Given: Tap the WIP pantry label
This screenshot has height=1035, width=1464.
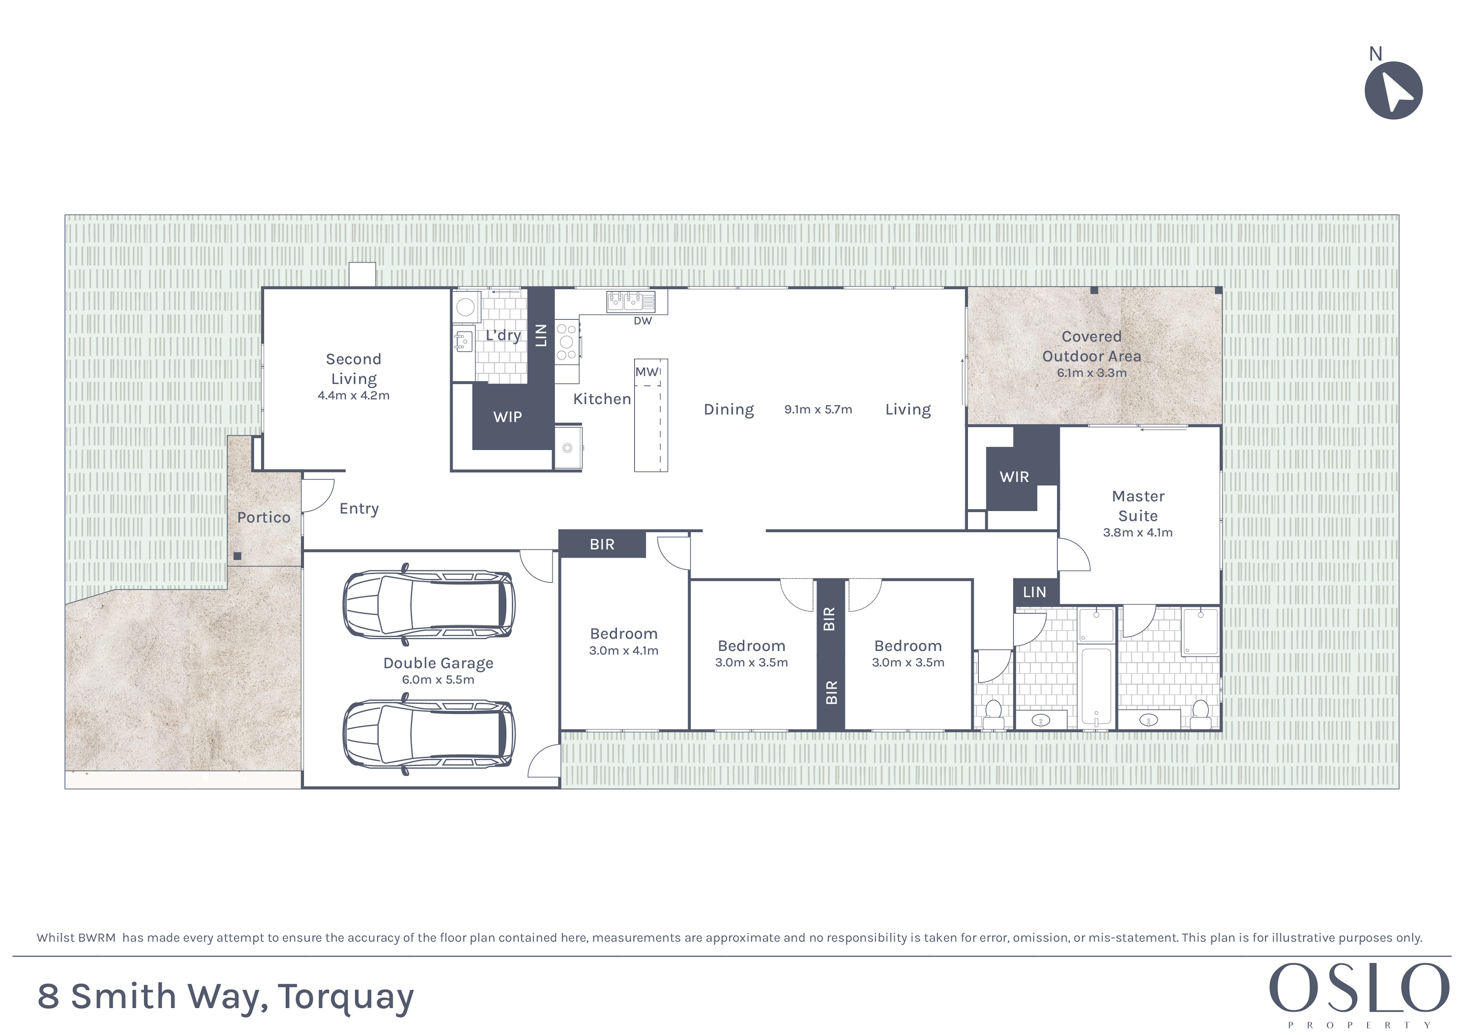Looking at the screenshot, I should click(x=507, y=417).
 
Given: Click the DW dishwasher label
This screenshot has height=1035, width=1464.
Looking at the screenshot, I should click(x=643, y=321).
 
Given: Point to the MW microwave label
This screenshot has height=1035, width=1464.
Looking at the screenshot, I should click(x=646, y=372).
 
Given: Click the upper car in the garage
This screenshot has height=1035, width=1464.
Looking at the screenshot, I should click(x=429, y=603).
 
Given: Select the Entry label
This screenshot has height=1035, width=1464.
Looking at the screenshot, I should click(x=359, y=509).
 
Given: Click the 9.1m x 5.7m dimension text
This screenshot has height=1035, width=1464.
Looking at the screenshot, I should click(x=818, y=409).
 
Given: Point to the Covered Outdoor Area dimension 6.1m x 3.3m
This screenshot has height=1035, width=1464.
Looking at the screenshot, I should click(x=1092, y=373).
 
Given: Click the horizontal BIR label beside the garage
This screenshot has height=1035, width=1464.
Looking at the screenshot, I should click(x=602, y=545).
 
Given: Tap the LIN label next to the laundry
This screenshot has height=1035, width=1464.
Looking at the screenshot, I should click(x=541, y=335).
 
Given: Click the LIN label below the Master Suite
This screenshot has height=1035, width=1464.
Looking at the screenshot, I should click(x=1034, y=593).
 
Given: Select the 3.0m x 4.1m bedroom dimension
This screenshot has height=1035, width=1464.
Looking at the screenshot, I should click(x=623, y=651).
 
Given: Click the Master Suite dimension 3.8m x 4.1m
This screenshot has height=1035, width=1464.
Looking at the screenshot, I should click(x=1138, y=533).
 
